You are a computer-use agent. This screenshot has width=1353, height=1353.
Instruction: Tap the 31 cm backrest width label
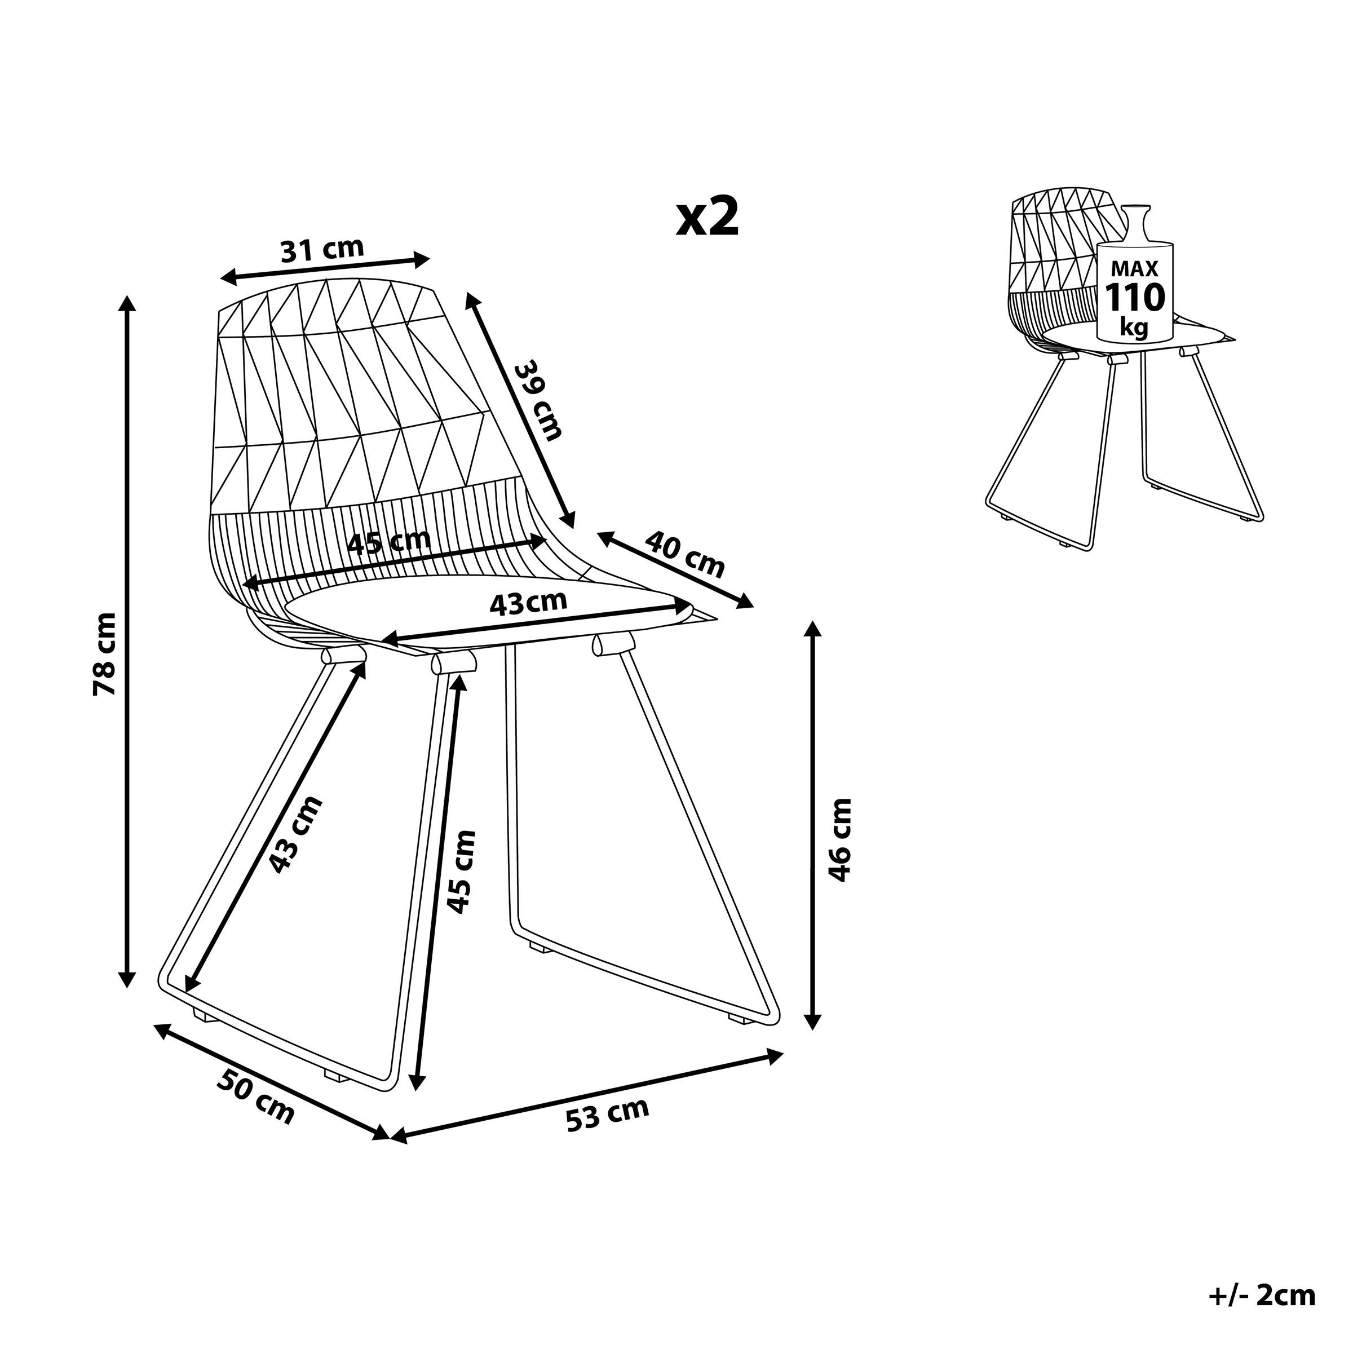[323, 250]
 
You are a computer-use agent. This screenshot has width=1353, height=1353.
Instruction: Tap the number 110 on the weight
[1134, 298]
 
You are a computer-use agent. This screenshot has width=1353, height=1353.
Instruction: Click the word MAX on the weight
[1134, 269]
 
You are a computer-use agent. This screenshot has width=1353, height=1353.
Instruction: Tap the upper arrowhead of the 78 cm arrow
[127, 303]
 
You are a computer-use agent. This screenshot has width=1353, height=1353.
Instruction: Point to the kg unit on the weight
[1134, 326]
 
